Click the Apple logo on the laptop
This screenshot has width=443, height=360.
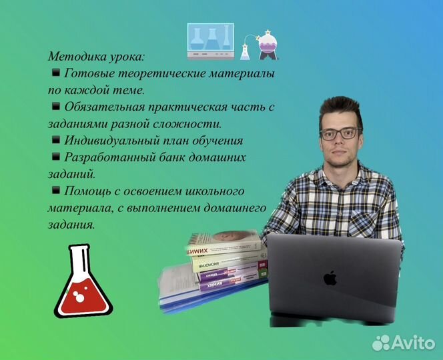pyautogui.click(x=330, y=277)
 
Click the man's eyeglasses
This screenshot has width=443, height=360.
pyautogui.click(x=340, y=133)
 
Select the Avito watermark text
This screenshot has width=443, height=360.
pyautogui.click(x=412, y=342)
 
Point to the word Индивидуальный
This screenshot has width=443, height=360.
pyautogui.click(x=111, y=141)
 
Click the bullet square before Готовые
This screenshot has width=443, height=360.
pyautogui.click(x=55, y=72)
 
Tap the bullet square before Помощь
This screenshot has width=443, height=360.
pyautogui.click(x=55, y=191)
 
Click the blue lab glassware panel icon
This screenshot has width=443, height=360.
pyautogui.click(x=210, y=40)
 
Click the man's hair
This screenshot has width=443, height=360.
pyautogui.click(x=340, y=109)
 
